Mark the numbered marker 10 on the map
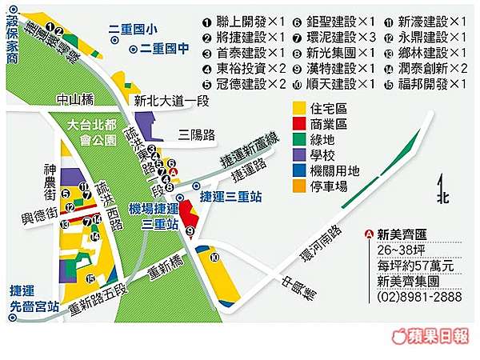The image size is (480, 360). (x=214, y=257)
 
